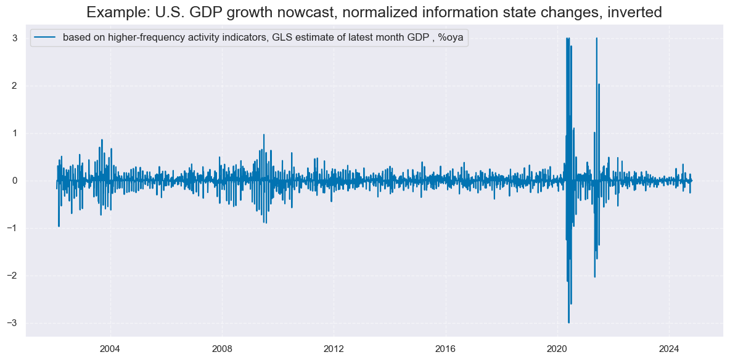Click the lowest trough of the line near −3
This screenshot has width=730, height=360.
[x=568, y=322]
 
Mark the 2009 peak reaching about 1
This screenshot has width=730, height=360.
[x=264, y=134]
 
